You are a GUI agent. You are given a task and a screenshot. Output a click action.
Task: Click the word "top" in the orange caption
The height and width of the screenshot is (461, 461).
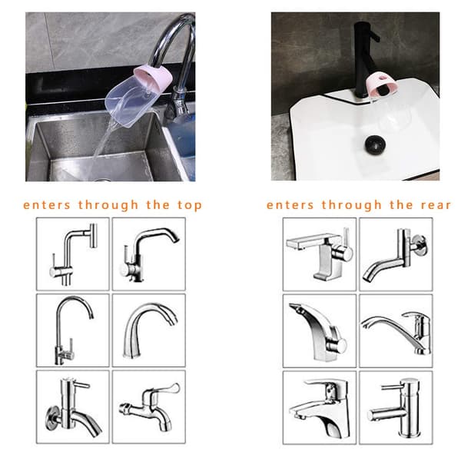[190, 205]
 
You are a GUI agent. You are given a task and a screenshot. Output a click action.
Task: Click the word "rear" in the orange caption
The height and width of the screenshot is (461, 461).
[436, 205]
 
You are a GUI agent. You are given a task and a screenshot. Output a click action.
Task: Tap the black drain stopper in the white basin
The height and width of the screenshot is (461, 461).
[375, 144]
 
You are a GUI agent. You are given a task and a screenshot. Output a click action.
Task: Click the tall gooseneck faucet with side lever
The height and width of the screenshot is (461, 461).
[74, 330]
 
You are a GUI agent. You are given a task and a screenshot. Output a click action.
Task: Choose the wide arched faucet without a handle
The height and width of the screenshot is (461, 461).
[150, 330]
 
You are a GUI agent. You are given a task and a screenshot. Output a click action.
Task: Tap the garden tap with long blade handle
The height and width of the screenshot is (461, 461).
[150, 406]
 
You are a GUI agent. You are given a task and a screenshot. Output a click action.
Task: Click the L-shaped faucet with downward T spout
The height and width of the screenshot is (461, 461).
[74, 254]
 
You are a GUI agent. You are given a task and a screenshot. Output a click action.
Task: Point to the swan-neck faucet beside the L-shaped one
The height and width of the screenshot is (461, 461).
[148, 254]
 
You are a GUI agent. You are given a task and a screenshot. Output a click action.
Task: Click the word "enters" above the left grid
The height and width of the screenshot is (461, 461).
[47, 205]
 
